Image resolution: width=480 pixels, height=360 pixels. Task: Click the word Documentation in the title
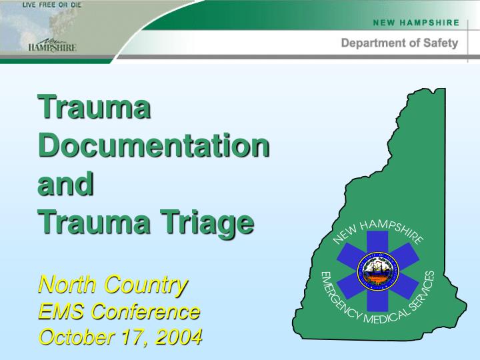154,145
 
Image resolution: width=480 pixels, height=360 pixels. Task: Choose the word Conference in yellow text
146,311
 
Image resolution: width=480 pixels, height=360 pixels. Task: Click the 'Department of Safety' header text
399,43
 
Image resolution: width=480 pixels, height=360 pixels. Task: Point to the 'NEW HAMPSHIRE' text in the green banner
416,22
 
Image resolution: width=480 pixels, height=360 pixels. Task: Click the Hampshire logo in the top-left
52,45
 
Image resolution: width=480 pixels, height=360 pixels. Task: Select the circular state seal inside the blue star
377,272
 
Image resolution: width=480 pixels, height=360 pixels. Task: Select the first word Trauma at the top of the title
93,107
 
